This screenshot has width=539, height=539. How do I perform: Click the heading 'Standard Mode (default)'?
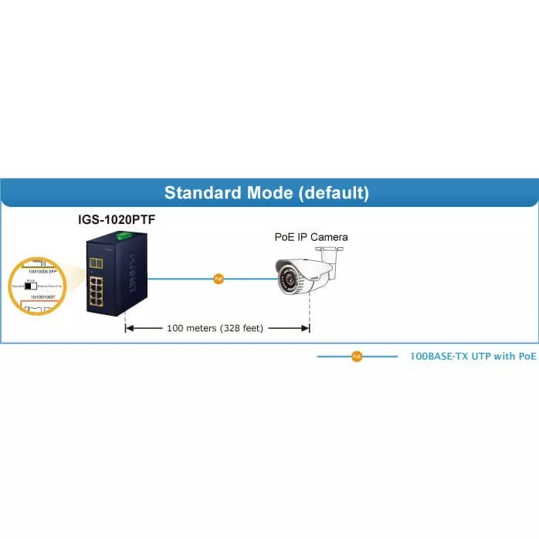[266, 192]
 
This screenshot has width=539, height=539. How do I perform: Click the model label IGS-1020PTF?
[115, 220]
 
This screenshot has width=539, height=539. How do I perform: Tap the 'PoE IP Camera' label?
[311, 236]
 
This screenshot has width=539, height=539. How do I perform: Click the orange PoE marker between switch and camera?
[219, 278]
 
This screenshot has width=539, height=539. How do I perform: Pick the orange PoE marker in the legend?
[356, 357]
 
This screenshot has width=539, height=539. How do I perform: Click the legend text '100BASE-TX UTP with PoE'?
[473, 357]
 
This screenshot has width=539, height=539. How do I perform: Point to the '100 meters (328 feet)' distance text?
[215, 328]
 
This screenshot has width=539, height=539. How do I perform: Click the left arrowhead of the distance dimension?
[130, 328]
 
